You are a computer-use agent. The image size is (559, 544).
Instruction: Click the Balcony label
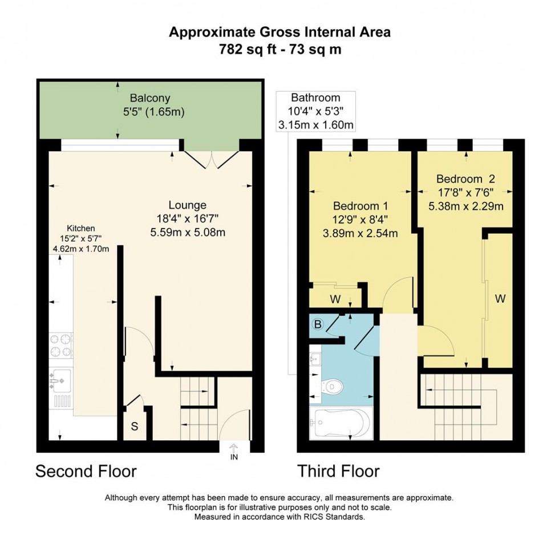[x=149, y=98]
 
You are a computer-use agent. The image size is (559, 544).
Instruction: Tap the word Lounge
[x=187, y=205]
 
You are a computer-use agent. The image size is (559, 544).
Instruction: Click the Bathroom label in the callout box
[x=315, y=98]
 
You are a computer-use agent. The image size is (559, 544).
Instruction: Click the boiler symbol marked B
[x=318, y=325]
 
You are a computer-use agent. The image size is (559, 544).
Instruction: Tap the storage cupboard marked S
[x=135, y=425]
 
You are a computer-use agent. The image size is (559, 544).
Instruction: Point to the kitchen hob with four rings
[x=61, y=346]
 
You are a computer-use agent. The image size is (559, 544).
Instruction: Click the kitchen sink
[x=60, y=377]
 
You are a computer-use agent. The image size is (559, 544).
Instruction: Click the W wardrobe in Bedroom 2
[x=500, y=298]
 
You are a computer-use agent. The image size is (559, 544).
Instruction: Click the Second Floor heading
[x=86, y=472]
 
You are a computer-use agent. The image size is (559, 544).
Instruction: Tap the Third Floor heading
[x=338, y=472]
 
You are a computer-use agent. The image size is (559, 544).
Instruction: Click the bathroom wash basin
[x=315, y=359]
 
